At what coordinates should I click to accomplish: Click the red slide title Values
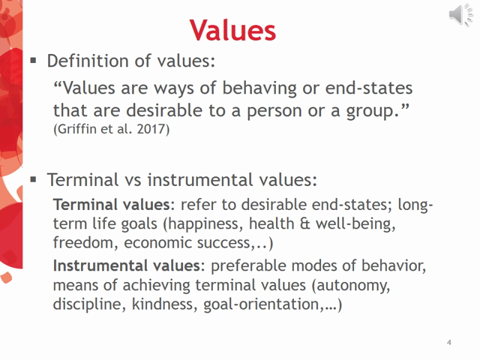click(232, 30)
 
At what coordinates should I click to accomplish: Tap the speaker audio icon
click(461, 15)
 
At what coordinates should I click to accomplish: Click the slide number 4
click(448, 343)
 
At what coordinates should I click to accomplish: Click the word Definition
click(83, 60)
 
